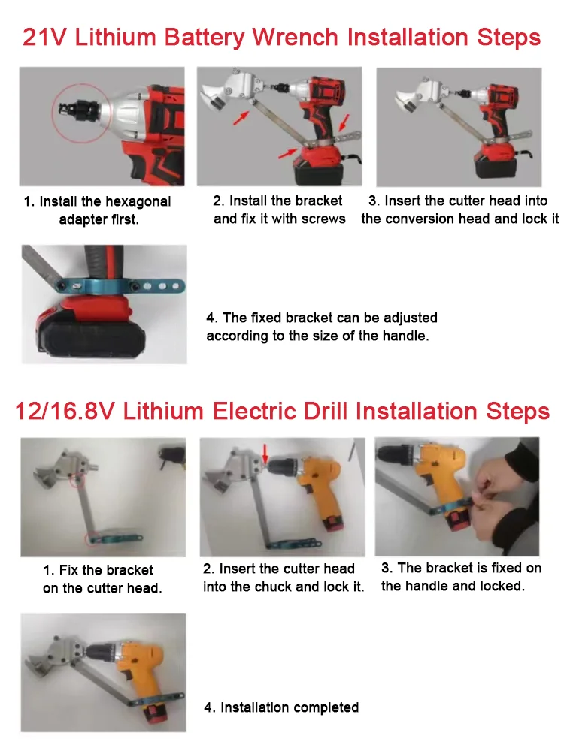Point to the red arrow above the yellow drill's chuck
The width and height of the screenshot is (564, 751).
click(265, 453)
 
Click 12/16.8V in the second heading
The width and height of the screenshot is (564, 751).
click(65, 412)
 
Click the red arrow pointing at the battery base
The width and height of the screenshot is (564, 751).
click(288, 152)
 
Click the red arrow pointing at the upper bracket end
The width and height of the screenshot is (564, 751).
click(241, 118)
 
